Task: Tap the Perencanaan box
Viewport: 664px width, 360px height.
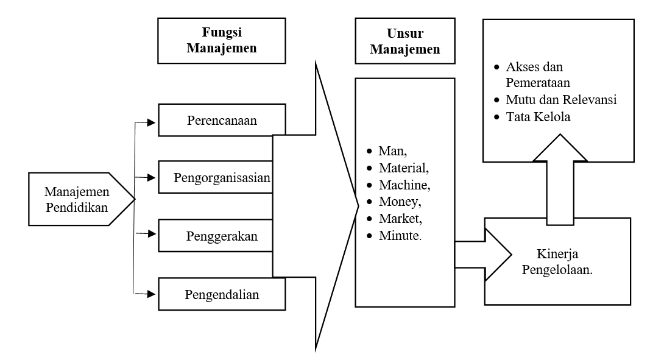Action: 221,120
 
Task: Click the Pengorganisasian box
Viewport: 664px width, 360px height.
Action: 221,178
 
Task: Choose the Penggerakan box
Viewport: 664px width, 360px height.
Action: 221,236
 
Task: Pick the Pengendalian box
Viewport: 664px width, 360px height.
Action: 221,295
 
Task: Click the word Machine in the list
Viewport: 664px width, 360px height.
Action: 402,183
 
